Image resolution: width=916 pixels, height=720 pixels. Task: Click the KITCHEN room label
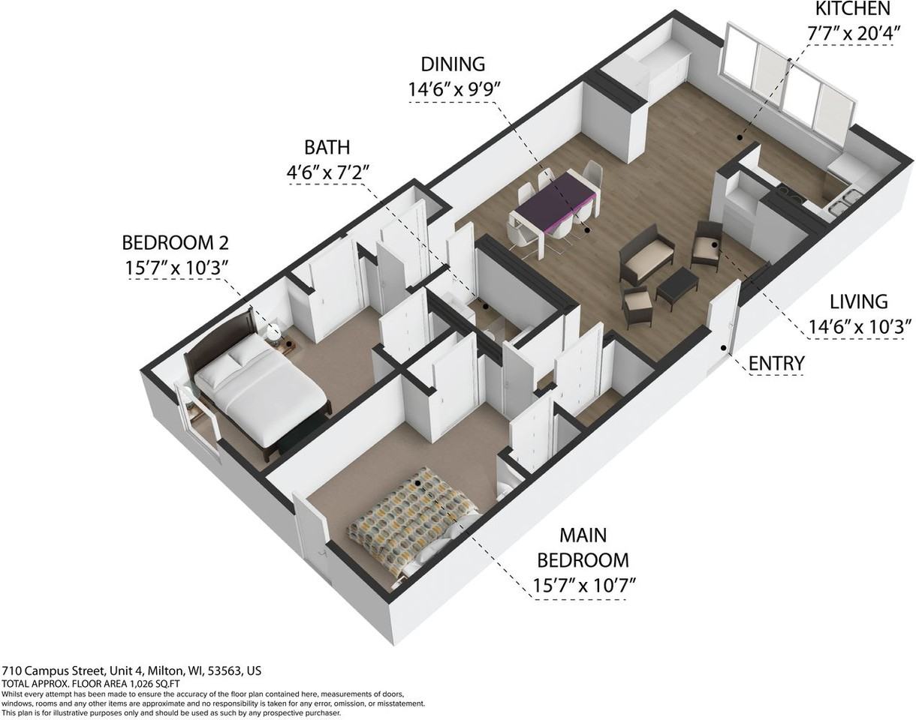852,10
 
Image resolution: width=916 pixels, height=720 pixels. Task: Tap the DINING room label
452,64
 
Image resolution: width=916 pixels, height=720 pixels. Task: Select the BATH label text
327,147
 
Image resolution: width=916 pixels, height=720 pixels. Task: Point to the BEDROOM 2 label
175,243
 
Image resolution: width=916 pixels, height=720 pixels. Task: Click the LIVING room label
858,302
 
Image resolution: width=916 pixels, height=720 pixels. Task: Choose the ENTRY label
776,364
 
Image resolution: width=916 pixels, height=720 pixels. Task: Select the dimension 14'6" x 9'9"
453,89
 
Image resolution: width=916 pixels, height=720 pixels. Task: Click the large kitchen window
788,82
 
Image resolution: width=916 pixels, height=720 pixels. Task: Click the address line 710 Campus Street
131,671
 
